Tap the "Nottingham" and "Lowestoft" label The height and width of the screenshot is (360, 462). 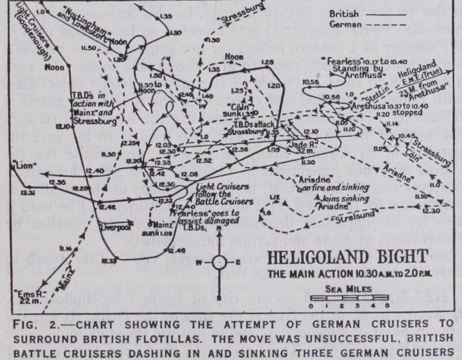pos(78,33)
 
